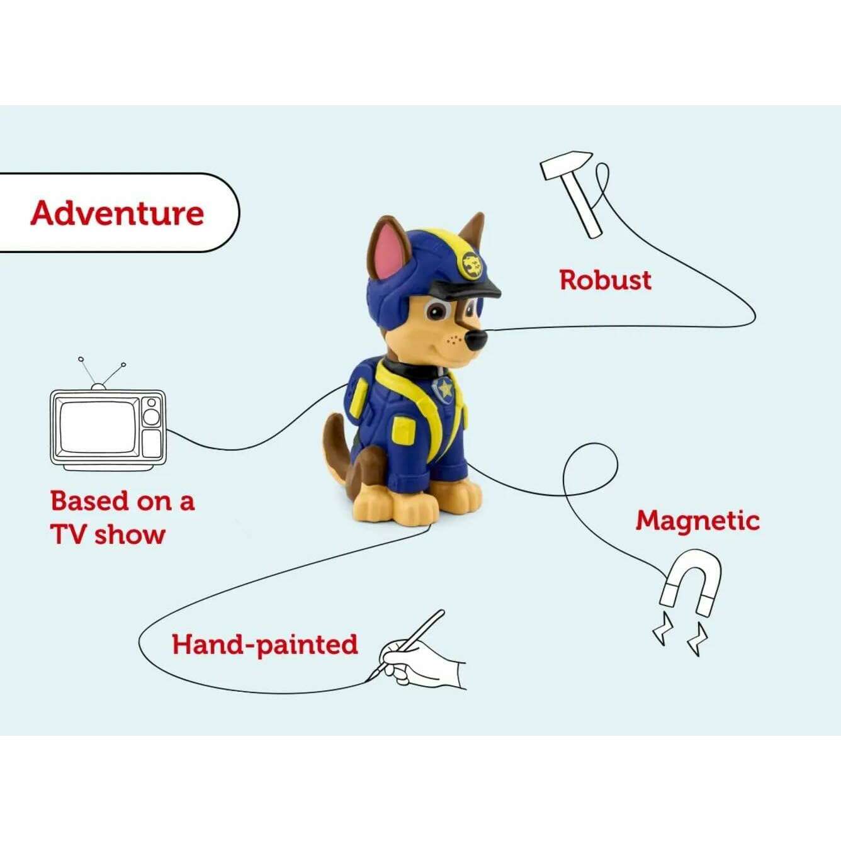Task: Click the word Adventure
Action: (118, 213)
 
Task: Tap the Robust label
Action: (605, 280)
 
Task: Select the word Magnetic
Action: (697, 521)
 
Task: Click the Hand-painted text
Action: (264, 645)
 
